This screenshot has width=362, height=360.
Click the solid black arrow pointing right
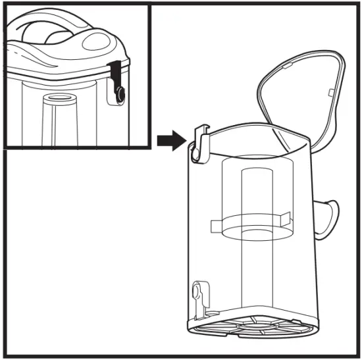pos(170,140)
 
